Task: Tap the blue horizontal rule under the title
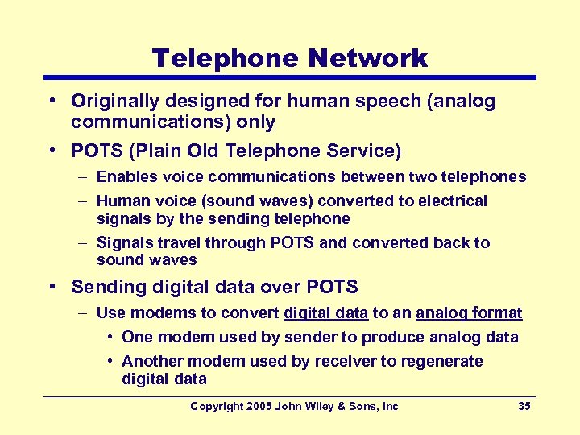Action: pyautogui.click(x=290, y=77)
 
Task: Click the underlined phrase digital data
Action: pyautogui.click(x=326, y=313)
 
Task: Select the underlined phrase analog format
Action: pyautogui.click(x=469, y=313)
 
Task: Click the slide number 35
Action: pyautogui.click(x=524, y=406)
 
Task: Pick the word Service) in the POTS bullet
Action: pyautogui.click(x=364, y=151)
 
